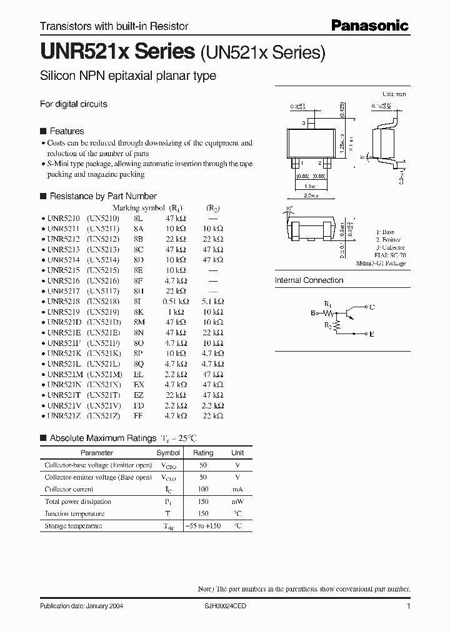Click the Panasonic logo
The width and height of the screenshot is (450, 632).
point(369,25)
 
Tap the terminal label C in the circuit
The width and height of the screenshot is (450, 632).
point(372,307)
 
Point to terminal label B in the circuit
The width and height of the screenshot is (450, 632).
point(313,314)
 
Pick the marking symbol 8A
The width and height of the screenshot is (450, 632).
point(139,229)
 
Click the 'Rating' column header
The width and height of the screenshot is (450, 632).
point(203,453)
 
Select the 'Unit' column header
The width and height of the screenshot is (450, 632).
point(238,453)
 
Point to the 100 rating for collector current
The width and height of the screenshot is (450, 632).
point(203,490)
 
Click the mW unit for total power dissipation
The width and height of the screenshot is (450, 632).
point(238,501)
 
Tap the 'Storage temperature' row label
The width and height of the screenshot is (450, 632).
point(73,526)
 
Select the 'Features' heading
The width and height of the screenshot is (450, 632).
point(66,131)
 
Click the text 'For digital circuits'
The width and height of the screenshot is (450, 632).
point(74,104)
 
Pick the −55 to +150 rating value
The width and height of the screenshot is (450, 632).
point(203,526)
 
